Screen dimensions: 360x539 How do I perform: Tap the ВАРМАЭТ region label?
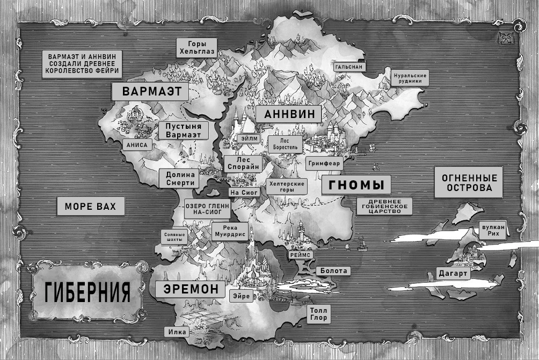150,91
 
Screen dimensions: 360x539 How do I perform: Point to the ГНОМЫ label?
356,185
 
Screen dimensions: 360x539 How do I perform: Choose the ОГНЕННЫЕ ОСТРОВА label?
468,183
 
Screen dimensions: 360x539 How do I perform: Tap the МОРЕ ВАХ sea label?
90,206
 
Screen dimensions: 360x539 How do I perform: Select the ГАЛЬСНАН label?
349,67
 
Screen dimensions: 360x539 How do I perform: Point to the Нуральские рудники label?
410,78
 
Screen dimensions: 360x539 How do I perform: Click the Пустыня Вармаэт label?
183,130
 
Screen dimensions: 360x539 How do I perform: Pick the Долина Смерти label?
179,179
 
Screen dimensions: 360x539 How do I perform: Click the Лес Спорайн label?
243,163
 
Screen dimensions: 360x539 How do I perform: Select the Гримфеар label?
323,161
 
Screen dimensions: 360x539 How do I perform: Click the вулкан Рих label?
493,230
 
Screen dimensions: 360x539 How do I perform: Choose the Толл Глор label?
317,314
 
